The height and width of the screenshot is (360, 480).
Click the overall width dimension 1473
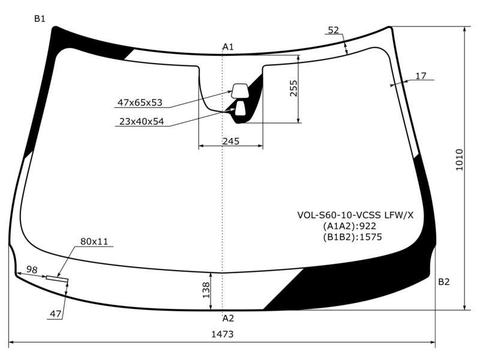[222, 334]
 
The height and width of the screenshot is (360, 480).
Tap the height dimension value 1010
[460, 160]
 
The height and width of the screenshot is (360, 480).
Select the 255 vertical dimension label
[293, 88]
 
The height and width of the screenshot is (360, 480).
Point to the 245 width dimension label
[231, 141]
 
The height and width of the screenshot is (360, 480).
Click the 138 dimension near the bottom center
[206, 290]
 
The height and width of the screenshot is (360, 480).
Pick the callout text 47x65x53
[140, 103]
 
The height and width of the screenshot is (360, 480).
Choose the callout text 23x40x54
[142, 122]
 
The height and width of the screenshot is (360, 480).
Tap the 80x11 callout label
[94, 242]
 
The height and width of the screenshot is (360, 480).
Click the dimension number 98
[32, 269]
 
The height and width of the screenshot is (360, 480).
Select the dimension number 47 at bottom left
[55, 314]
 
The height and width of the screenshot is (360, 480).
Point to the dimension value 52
[334, 30]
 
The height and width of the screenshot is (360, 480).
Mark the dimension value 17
[421, 76]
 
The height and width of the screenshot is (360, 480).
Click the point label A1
[228, 47]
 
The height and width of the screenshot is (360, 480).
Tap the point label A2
[228, 319]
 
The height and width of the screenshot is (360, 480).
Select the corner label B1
[40, 19]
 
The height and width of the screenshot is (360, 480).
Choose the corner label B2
[444, 281]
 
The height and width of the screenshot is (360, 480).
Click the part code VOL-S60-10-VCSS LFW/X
[355, 215]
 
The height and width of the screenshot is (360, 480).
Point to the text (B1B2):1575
[352, 237]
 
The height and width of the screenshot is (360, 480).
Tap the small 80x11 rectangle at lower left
[57, 278]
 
